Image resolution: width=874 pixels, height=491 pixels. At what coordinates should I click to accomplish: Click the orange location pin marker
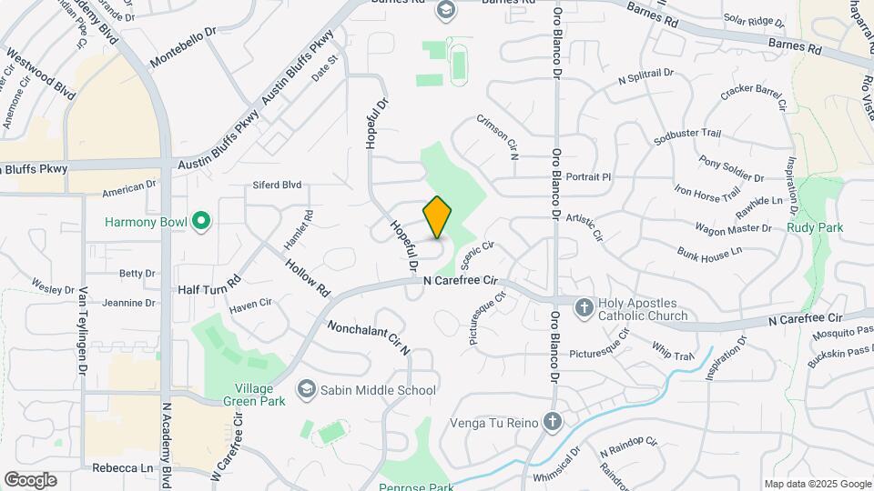(x=438, y=217)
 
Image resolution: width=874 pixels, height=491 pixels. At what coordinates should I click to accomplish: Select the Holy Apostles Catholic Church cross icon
(x=584, y=308)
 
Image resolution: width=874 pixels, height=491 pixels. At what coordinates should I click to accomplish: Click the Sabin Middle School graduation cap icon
(x=305, y=390)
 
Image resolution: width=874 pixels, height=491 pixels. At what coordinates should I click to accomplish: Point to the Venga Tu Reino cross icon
(x=552, y=422)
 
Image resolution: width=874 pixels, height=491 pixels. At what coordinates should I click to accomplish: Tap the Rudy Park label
(x=815, y=227)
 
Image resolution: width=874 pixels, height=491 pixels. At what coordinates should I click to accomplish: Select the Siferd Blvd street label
(x=277, y=185)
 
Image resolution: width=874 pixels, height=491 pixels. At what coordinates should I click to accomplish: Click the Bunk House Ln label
(x=710, y=250)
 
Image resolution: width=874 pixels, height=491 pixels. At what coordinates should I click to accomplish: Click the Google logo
(x=30, y=479)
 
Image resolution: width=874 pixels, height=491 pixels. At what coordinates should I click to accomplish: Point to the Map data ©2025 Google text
(x=817, y=484)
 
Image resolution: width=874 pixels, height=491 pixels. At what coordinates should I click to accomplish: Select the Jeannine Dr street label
(x=128, y=303)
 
